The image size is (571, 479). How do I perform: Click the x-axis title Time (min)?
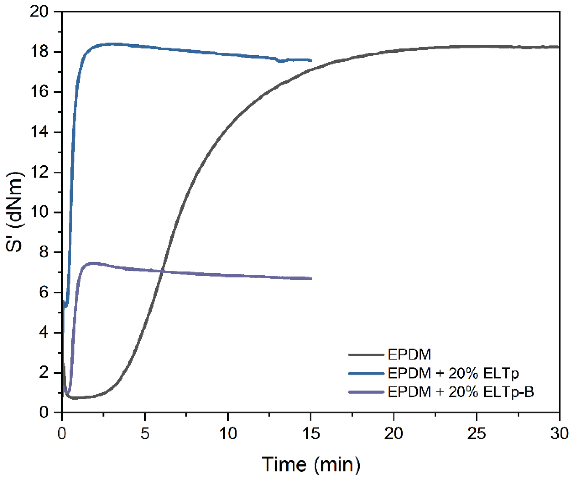[311, 464]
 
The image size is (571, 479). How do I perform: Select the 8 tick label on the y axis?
[43, 252]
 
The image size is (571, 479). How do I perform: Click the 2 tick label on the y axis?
[43, 373]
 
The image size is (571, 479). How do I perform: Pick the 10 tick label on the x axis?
[228, 434]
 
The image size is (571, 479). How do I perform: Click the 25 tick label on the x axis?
[476, 434]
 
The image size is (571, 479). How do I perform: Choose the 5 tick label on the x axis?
[145, 434]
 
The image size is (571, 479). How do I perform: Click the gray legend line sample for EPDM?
[366, 355]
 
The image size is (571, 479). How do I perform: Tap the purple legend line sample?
[366, 392]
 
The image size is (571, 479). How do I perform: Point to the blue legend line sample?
[366, 373]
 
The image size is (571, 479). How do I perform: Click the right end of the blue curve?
[311, 60]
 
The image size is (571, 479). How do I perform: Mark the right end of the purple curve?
[311, 279]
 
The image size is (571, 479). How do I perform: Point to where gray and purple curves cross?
[162, 271]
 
